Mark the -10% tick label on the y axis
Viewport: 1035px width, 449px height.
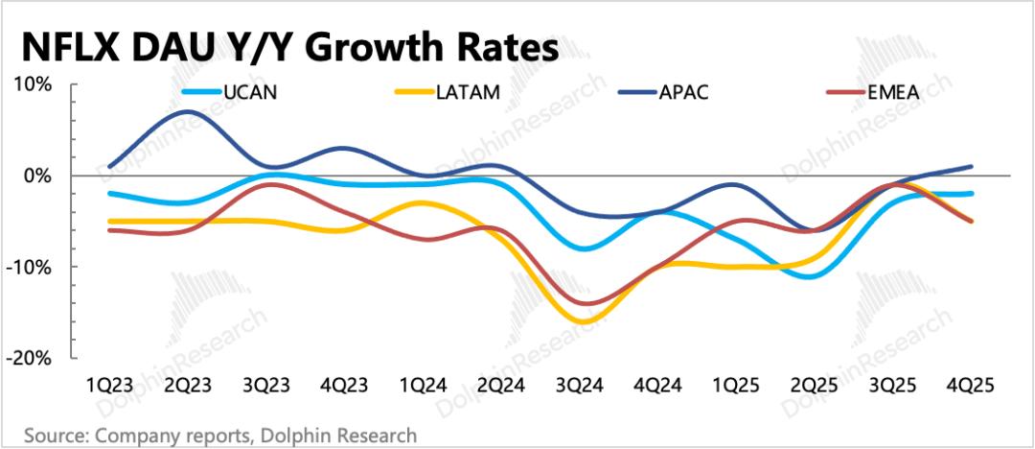28,267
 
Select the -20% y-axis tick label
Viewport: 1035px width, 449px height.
28,357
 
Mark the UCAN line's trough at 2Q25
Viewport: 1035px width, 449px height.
811,276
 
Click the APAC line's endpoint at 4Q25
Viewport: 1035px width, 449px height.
973,167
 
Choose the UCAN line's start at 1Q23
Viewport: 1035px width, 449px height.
110,193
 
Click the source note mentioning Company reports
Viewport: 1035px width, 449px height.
219,436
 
